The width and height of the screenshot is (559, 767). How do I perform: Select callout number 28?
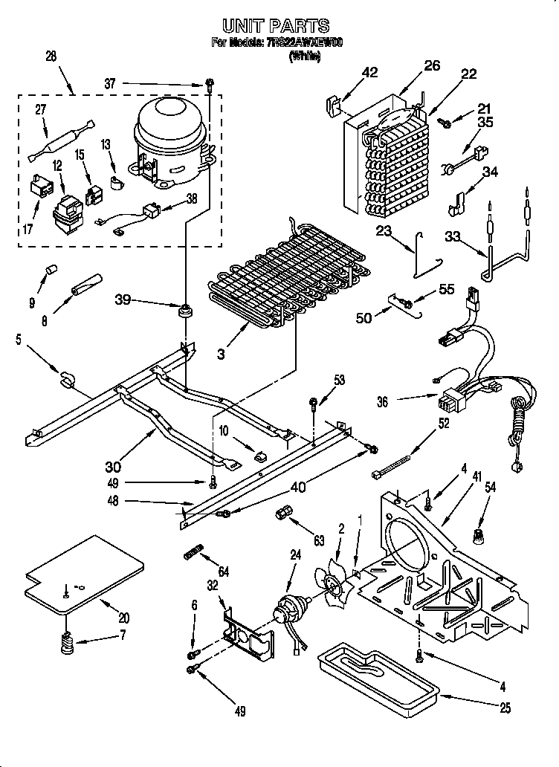51,56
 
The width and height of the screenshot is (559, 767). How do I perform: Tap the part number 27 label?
41,110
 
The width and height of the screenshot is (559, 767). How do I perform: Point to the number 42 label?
369,72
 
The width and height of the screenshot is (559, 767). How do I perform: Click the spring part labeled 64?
193,554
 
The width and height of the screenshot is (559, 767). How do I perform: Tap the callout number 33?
451,238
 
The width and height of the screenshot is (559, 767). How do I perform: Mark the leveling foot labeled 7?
68,643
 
